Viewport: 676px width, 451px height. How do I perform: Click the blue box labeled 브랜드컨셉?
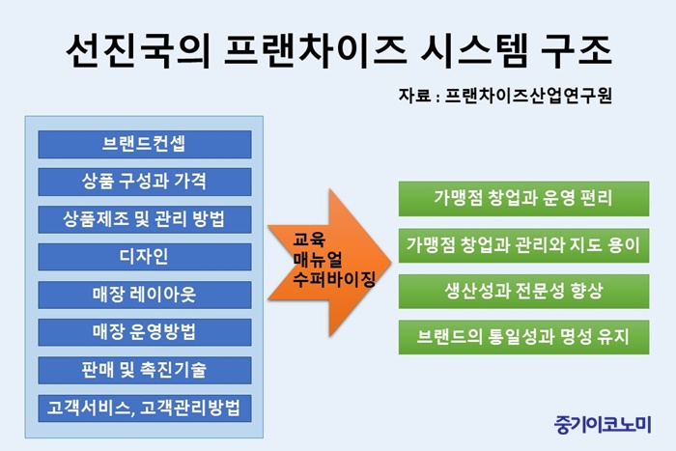(145, 145)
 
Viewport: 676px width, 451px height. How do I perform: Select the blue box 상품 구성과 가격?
(145, 182)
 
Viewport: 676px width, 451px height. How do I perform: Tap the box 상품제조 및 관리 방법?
(145, 219)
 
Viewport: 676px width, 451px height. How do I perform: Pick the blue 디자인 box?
(145, 257)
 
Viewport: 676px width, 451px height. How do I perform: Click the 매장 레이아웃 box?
(145, 295)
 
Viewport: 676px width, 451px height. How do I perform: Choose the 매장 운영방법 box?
(145, 332)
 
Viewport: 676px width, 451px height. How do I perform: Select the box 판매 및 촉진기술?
(145, 370)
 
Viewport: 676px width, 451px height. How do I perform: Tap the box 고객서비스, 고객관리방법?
(145, 408)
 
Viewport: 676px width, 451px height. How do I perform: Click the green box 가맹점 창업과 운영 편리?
(523, 199)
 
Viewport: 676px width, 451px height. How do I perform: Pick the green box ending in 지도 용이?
(523, 245)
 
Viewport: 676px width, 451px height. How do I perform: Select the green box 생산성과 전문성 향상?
(523, 292)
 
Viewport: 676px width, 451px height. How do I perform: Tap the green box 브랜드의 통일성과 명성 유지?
(523, 337)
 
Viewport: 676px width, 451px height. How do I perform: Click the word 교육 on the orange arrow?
(309, 240)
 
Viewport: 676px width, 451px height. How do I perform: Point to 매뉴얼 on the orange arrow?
(318, 260)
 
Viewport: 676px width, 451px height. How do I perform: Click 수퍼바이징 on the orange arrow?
(334, 279)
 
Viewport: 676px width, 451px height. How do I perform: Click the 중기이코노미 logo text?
(603, 424)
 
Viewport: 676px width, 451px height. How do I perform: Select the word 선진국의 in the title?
(138, 51)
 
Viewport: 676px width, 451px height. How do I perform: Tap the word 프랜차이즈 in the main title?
(315, 51)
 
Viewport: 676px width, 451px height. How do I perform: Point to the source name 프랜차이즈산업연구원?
(528, 96)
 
